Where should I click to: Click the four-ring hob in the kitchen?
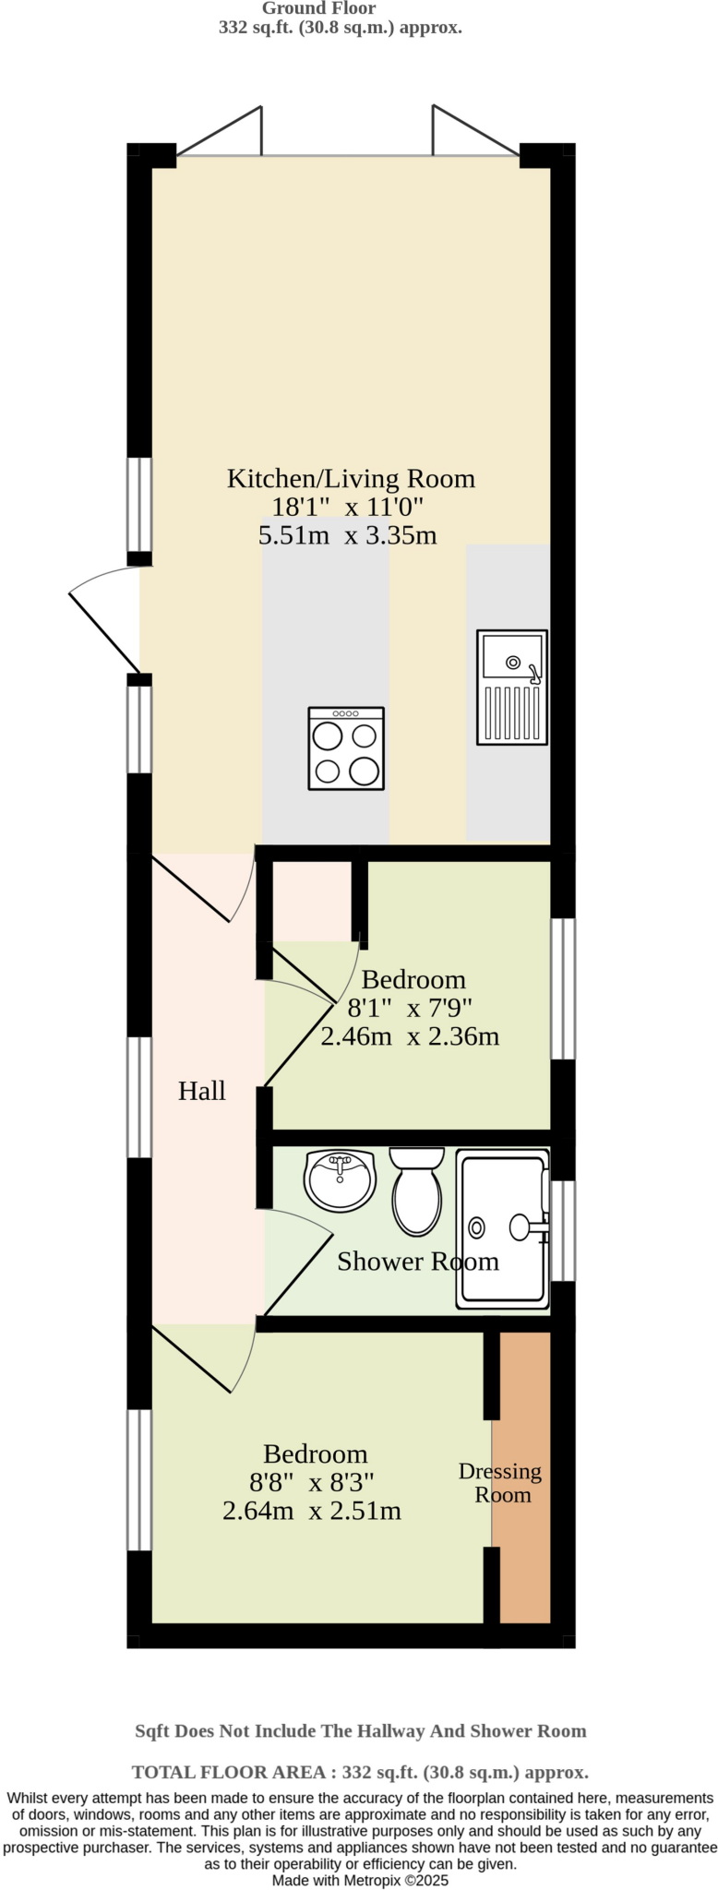tap(346, 748)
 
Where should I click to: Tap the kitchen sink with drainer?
tap(511, 687)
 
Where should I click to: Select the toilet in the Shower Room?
tap(417, 1190)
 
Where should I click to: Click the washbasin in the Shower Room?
tap(340, 1180)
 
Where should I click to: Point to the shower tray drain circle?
tap(476, 1227)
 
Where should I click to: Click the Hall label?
tap(201, 1091)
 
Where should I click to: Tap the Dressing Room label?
tap(500, 1482)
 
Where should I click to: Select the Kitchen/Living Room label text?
tap(351, 478)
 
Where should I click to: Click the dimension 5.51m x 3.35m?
tap(347, 535)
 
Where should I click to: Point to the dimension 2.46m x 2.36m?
tap(410, 1036)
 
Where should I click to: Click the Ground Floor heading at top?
tap(318, 8)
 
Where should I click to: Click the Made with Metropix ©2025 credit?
tap(360, 1880)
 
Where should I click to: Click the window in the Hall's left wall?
tap(139, 1096)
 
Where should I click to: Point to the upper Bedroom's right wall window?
tap(563, 988)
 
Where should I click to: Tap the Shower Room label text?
tap(417, 1262)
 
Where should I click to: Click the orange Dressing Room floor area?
tap(524, 1569)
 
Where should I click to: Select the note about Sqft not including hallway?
tap(360, 1730)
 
